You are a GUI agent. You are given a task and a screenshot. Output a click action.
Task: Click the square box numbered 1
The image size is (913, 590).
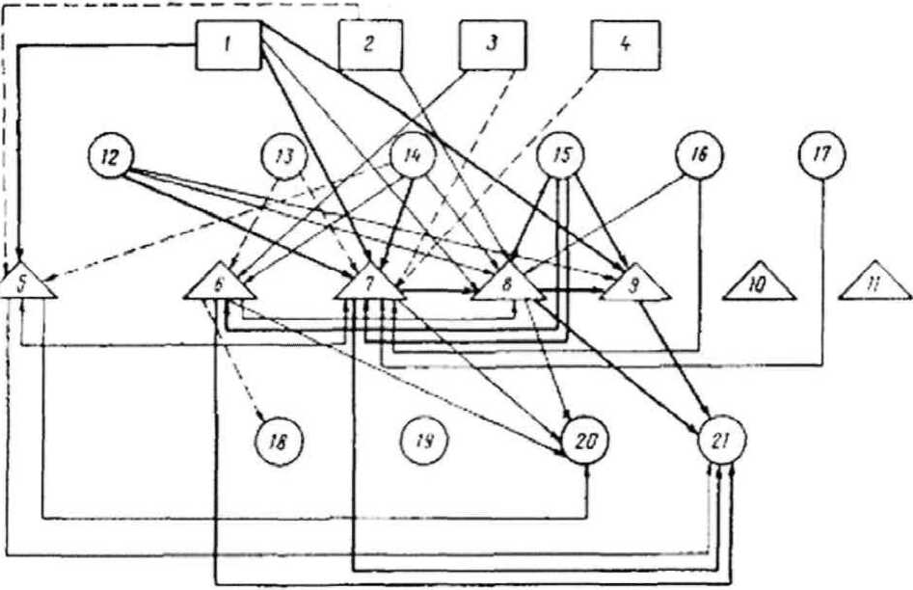228,45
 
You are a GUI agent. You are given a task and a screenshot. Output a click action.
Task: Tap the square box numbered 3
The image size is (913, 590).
491,45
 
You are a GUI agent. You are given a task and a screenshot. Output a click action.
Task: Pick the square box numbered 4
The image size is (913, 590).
623,45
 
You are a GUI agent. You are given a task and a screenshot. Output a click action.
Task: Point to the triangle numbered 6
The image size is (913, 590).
219,283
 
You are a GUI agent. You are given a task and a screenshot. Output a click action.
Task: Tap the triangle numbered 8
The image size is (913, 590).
508,283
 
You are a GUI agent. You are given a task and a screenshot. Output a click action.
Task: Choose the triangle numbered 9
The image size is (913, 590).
633,283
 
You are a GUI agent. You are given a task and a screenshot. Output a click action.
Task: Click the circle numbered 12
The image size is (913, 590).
109,156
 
